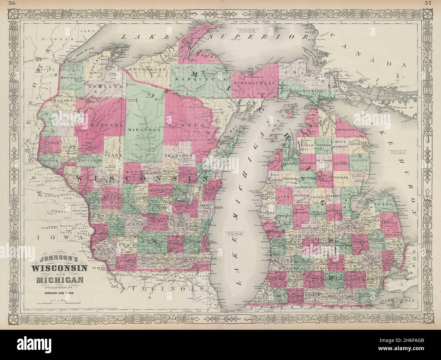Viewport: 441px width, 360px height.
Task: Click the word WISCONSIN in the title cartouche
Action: (x=60, y=268)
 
